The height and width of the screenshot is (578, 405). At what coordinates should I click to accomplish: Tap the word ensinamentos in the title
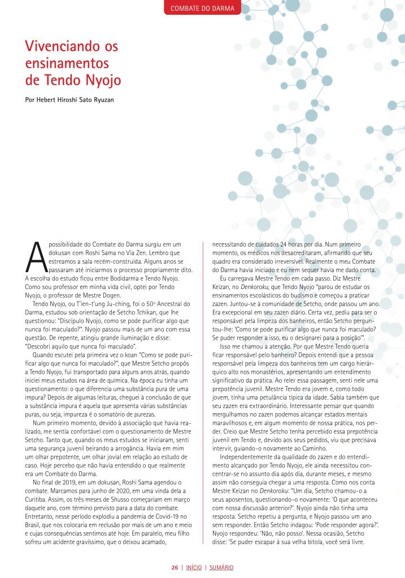pyautogui.click(x=67, y=63)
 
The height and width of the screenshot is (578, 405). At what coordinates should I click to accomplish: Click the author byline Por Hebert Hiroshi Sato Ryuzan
pyautogui.click(x=73, y=102)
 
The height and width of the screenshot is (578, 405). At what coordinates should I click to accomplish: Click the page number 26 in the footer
pyautogui.click(x=175, y=567)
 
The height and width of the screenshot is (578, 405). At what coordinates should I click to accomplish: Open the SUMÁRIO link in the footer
pyautogui.click(x=221, y=567)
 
